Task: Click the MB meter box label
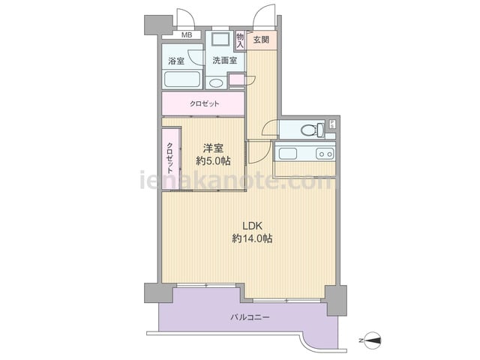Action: (187, 35)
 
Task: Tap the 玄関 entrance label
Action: (261, 40)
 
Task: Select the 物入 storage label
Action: (240, 40)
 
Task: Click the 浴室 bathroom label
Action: (176, 61)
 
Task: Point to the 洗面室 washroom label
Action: (225, 60)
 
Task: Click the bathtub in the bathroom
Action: (182, 79)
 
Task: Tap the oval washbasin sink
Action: (217, 83)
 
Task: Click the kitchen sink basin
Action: (287, 154)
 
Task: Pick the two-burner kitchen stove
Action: (325, 154)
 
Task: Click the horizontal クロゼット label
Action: (205, 103)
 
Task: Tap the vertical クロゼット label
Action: (170, 158)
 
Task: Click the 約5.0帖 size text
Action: (213, 161)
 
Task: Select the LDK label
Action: (253, 226)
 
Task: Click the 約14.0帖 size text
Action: (253, 238)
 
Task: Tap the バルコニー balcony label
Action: (250, 317)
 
